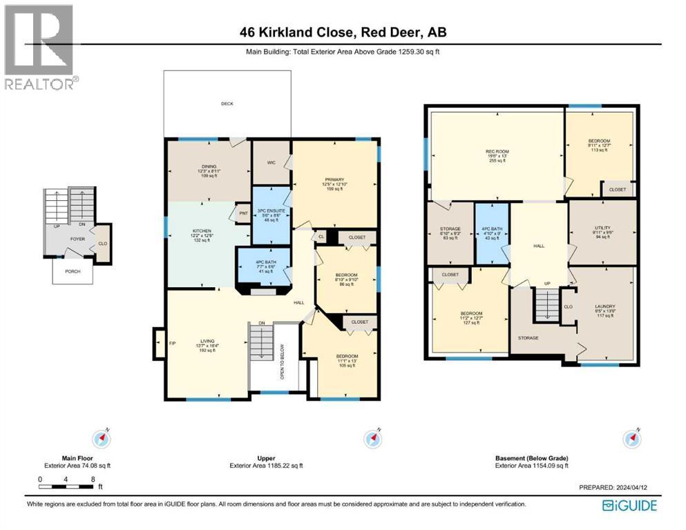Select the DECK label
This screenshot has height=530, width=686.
pyautogui.click(x=227, y=104)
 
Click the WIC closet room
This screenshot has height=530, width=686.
pyautogui.click(x=271, y=164)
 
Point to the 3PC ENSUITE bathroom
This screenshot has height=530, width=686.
pyautogui.click(x=271, y=215)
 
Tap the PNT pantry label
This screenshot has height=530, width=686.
pyautogui.click(x=242, y=213)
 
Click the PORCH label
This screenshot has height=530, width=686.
pyautogui.click(x=73, y=271)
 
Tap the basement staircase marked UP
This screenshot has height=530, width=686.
pyautogui.click(x=547, y=304)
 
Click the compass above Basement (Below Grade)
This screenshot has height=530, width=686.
pyautogui.click(x=630, y=438)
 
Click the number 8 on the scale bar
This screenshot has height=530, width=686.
pyautogui.click(x=92, y=479)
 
